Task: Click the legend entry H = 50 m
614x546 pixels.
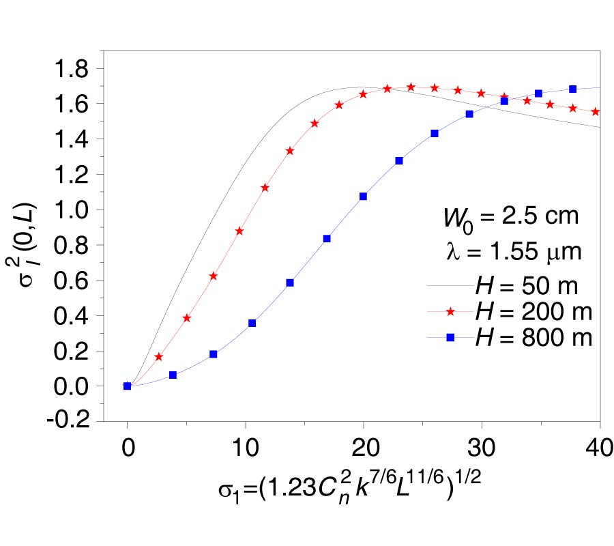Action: pyautogui.click(x=529, y=286)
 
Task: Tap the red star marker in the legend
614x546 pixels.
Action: pyautogui.click(x=450, y=312)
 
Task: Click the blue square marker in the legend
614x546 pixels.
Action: pyautogui.click(x=450, y=337)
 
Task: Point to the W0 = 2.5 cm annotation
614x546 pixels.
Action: pyautogui.click(x=510, y=218)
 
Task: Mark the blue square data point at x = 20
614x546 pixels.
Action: pyautogui.click(x=363, y=196)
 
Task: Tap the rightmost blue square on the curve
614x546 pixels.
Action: pyautogui.click(x=572, y=89)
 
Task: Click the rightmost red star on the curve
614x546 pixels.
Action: pyautogui.click(x=596, y=111)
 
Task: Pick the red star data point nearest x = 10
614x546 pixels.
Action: pyautogui.click(x=239, y=231)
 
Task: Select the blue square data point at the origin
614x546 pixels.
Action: pyautogui.click(x=127, y=386)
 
